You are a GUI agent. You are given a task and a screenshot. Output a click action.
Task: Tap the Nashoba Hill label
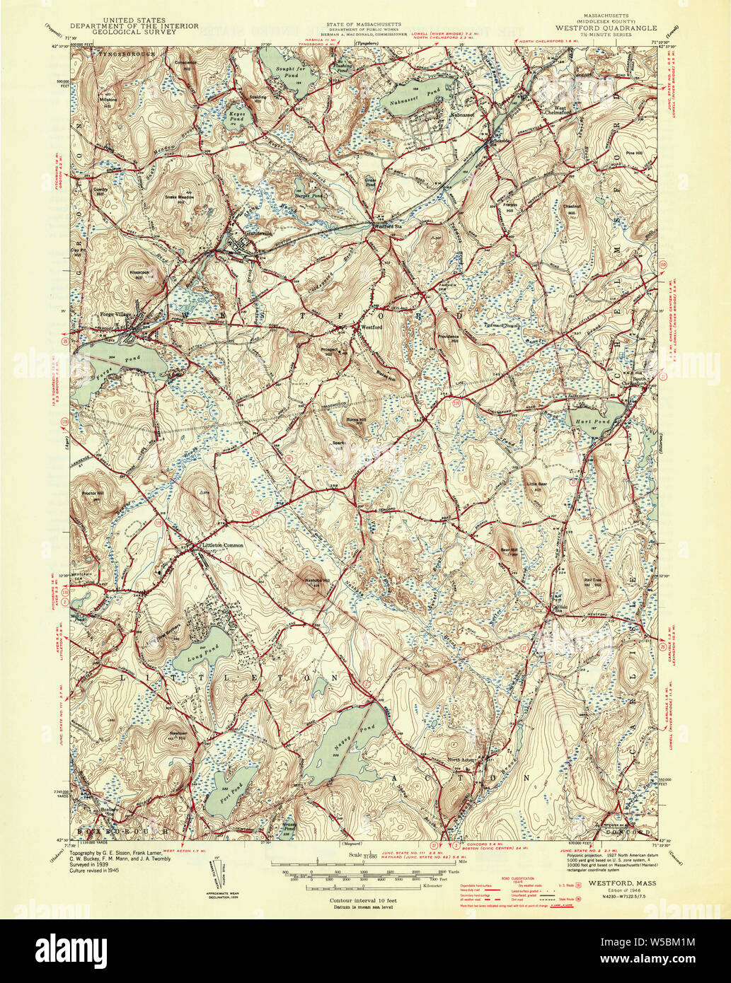[x=313, y=579]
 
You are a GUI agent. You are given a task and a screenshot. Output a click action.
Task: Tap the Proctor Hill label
[x=93, y=493]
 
